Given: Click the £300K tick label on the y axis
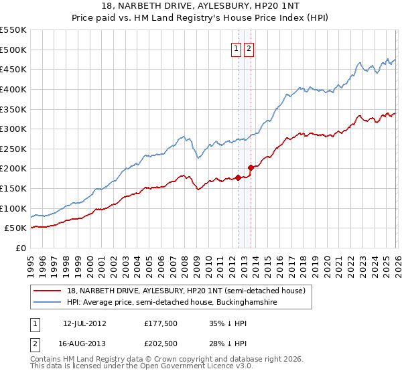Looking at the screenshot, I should click(13, 129).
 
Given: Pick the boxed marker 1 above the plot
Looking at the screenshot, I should click(237, 48).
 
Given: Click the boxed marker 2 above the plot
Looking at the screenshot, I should click(249, 48).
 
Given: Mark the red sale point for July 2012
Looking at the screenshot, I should click(238, 177).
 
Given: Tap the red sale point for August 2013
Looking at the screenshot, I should click(251, 167).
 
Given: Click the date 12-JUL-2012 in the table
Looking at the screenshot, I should click(84, 323).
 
